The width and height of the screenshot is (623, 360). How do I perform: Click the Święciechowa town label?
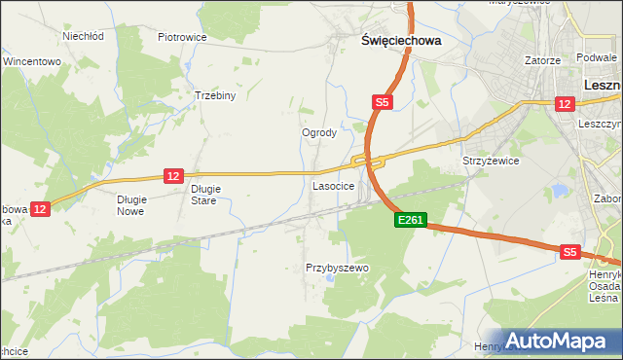click(401, 41)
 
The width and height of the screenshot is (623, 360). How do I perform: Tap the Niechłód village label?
click(83, 36)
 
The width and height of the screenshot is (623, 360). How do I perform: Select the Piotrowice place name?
click(182, 37)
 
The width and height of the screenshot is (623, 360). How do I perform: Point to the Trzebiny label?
click(215, 96)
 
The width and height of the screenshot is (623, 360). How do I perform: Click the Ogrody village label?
click(319, 132)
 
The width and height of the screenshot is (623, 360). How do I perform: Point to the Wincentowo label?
click(32, 60)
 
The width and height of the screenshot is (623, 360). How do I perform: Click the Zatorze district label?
click(542, 60)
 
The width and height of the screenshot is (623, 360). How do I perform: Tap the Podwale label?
click(597, 58)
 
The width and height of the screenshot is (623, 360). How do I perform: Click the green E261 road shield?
click(411, 221)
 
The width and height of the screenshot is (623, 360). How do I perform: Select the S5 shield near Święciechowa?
click(383, 102)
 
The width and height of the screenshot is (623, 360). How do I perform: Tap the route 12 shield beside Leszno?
click(564, 103)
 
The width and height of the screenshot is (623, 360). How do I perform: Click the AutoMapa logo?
click(557, 341)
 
